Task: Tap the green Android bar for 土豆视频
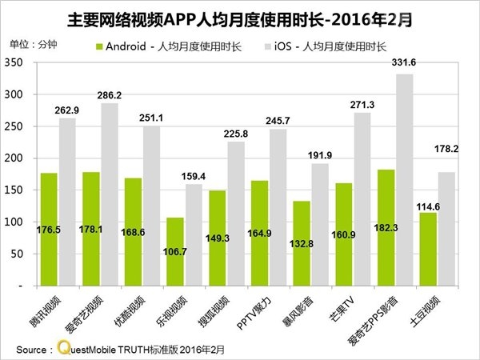pos(427,248)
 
